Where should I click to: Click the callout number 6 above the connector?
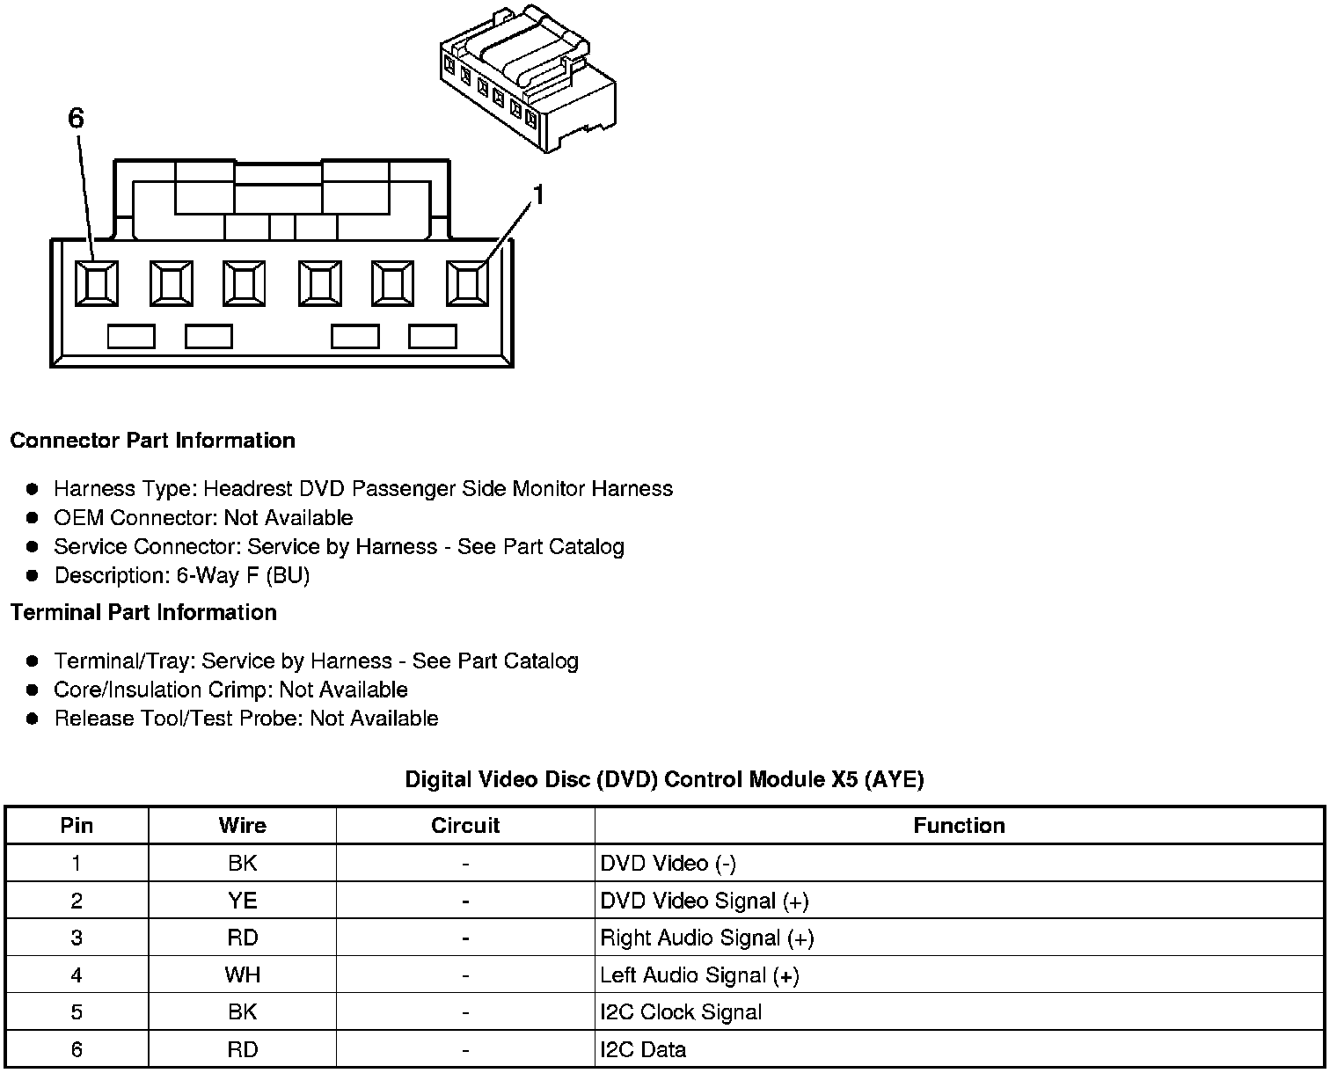(x=77, y=118)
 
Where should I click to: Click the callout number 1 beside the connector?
(x=538, y=195)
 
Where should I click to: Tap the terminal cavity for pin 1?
(x=467, y=283)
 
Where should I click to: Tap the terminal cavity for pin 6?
(x=96, y=283)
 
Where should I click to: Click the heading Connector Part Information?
(x=152, y=441)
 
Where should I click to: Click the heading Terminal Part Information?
(x=143, y=612)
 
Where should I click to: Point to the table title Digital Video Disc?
(x=664, y=779)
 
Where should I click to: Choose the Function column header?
(x=959, y=826)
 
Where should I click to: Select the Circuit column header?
(x=465, y=826)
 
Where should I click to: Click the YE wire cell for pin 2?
(x=242, y=901)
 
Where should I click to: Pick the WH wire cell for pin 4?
(x=242, y=975)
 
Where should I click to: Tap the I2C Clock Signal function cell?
(x=681, y=1012)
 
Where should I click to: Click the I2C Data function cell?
(x=643, y=1049)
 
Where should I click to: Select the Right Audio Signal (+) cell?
(x=706, y=938)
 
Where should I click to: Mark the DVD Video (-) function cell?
(x=668, y=864)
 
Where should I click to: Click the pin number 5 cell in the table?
(x=77, y=1012)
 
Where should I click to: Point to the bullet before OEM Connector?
(x=33, y=518)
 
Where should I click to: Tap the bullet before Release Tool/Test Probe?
(x=33, y=719)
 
